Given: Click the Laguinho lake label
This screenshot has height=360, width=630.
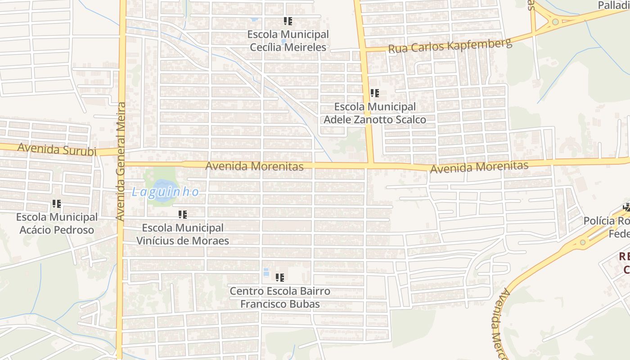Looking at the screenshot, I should click(165, 192).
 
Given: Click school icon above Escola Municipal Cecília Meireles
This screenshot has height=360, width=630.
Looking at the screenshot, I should click(288, 21).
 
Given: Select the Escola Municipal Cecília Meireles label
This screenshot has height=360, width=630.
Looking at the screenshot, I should click(288, 40).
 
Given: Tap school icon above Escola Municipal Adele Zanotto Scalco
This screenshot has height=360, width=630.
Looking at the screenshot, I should click(374, 94).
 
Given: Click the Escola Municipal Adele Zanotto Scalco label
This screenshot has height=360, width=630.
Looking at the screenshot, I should click(374, 113).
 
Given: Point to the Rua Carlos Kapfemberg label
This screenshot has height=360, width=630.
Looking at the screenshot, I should click(450, 46).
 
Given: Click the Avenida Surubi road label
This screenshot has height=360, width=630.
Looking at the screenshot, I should click(57, 149).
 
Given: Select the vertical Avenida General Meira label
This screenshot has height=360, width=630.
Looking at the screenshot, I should click(121, 161).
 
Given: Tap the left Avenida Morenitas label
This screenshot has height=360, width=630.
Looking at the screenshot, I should click(254, 166).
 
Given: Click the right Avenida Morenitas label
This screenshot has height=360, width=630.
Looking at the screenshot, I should click(479, 167).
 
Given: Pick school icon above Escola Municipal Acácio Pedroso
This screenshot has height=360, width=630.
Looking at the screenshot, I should click(56, 204).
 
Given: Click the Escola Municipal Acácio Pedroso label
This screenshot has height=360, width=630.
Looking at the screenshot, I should click(57, 223).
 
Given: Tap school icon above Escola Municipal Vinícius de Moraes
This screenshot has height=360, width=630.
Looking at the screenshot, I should click(182, 215).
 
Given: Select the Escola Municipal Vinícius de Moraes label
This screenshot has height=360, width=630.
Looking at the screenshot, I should click(182, 234).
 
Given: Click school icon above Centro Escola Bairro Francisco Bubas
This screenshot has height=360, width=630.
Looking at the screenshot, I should click(280, 278).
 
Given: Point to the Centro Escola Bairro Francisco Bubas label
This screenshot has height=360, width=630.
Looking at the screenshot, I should click(280, 297).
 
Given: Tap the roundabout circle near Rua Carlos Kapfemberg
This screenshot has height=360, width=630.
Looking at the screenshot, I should click(555, 22).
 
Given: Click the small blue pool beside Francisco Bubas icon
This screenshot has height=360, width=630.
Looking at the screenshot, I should click(266, 272).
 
